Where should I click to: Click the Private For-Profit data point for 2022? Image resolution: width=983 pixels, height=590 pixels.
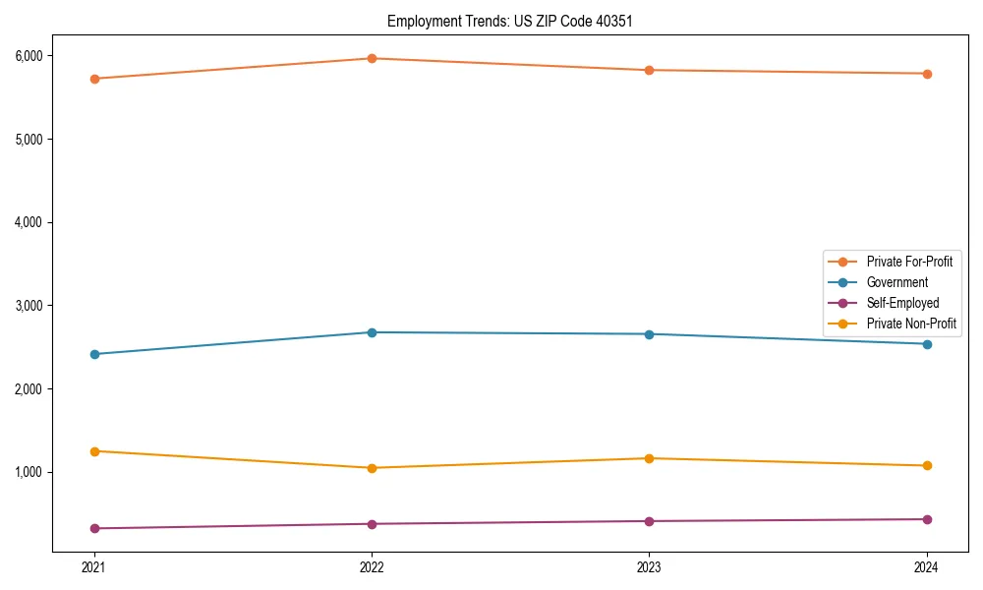pyautogui.click(x=372, y=59)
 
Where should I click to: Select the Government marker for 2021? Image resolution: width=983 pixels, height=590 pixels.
pyautogui.click(x=94, y=354)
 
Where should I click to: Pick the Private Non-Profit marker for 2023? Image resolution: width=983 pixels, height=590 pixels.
pyautogui.click(x=649, y=458)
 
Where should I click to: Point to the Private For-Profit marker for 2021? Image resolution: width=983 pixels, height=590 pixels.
pyautogui.click(x=94, y=79)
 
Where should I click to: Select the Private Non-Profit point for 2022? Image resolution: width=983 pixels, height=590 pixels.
pyautogui.click(x=372, y=468)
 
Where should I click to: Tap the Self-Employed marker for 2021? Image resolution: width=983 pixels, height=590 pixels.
pyautogui.click(x=94, y=529)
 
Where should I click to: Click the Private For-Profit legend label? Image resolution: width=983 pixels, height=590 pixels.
pyautogui.click(x=909, y=262)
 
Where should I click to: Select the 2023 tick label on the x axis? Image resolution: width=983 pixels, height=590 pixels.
pyautogui.click(x=649, y=567)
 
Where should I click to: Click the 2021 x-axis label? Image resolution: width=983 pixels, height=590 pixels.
pyautogui.click(x=94, y=567)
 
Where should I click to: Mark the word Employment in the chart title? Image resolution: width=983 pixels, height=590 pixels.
pyautogui.click(x=421, y=21)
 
